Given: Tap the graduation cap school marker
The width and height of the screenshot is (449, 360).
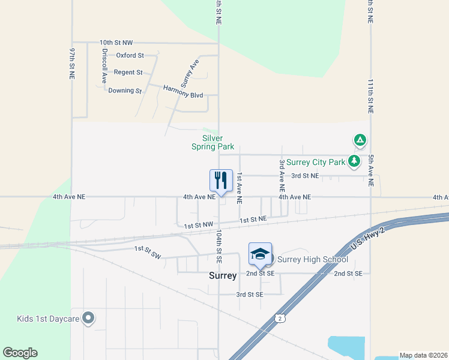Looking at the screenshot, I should [260, 254].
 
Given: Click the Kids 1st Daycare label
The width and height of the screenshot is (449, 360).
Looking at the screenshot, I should [49, 318].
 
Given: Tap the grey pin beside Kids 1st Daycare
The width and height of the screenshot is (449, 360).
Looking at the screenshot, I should [89, 318].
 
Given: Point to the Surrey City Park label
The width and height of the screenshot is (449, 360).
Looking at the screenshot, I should [315, 162].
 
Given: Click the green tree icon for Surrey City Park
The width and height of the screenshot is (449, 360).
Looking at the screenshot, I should [355, 161].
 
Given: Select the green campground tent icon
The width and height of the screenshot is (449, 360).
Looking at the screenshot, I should [360, 141].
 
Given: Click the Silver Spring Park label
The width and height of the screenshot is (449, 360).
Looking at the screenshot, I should [212, 142].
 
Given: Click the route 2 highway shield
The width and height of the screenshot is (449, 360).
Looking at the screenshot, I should [280, 319].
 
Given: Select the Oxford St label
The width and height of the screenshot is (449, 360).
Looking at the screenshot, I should [130, 55].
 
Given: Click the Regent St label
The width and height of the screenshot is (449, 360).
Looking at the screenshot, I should [128, 73].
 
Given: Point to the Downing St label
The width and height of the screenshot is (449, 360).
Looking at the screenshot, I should [125, 91].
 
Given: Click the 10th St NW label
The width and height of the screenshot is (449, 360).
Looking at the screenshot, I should [116, 43].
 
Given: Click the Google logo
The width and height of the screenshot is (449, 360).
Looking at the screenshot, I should [20, 353].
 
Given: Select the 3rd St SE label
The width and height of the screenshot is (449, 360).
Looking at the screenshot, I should [249, 295].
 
